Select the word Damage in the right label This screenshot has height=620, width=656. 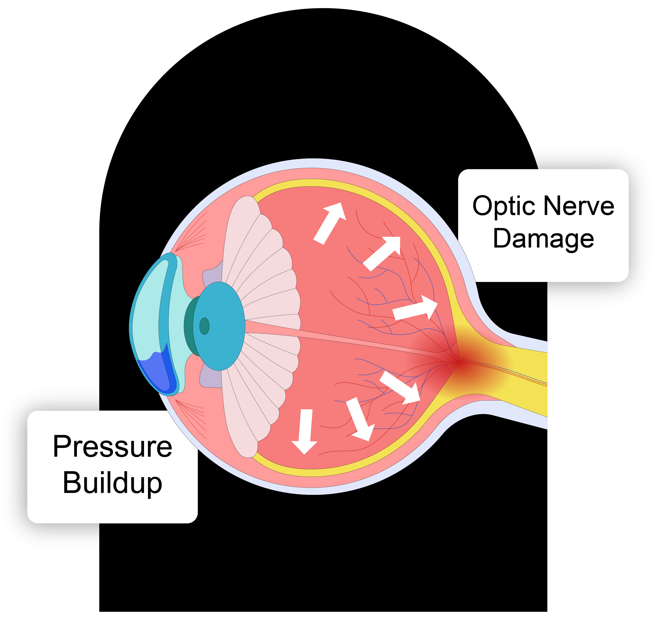coord(543,239)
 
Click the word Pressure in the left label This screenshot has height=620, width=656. coord(112,447)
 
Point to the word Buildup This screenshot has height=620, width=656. coord(112,483)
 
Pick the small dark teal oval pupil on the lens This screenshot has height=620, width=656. coord(204,326)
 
